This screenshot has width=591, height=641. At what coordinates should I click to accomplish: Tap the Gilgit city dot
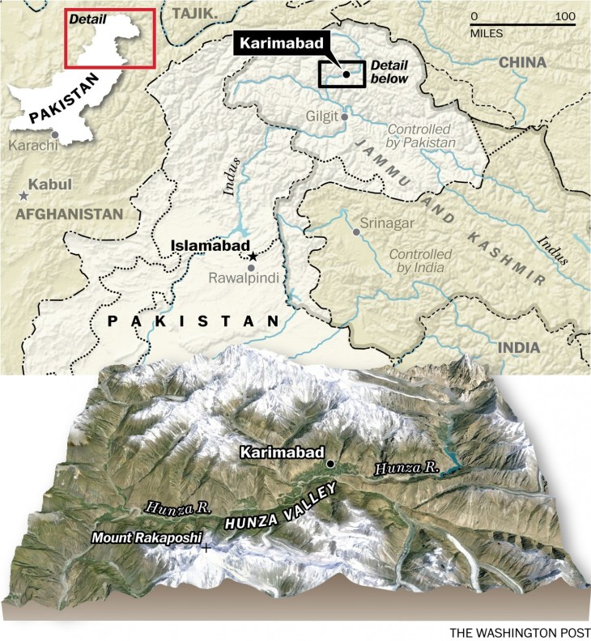345,117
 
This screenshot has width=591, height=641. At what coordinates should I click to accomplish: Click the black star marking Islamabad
253,256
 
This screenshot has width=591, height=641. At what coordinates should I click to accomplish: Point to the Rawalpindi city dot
252,268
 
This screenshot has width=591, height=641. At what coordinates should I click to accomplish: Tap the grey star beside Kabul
23,196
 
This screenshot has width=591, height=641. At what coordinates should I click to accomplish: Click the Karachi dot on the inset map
54,134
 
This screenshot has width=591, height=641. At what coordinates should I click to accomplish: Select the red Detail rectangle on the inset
109,39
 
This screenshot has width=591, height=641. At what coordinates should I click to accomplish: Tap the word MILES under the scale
487,34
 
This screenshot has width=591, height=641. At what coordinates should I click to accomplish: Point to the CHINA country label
522,62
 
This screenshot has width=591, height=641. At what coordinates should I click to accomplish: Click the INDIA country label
517,347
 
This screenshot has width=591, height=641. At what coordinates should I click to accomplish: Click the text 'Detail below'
389,72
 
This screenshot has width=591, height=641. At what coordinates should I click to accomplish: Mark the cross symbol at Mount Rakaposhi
206,548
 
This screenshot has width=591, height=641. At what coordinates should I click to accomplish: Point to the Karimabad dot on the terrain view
330,464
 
